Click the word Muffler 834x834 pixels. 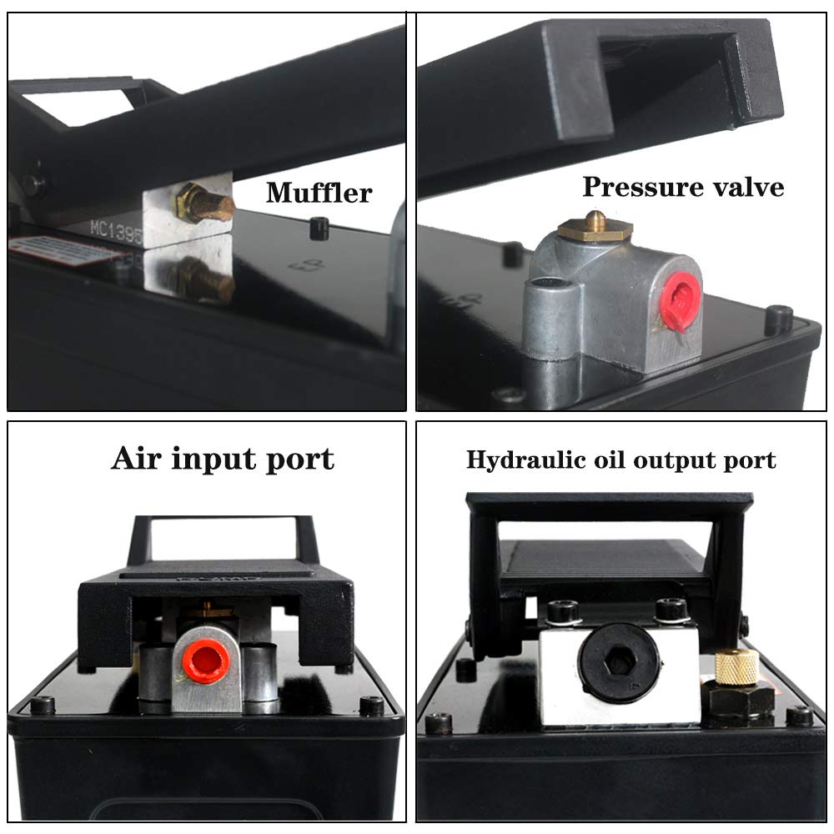[x=319, y=193]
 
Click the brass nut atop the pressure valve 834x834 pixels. [x=595, y=228]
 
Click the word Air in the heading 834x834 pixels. [x=138, y=459]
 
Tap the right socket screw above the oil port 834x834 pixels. [x=672, y=610]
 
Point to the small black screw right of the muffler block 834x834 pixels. [x=318, y=228]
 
